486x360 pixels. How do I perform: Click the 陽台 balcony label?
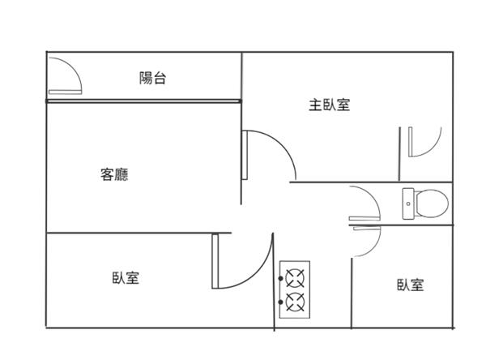pyautogui.click(x=153, y=79)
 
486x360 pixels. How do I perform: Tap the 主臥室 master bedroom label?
pyautogui.click(x=329, y=105)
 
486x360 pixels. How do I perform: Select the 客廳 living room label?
pyautogui.click(x=115, y=174)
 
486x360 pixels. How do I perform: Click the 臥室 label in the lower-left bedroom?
pyautogui.click(x=126, y=278)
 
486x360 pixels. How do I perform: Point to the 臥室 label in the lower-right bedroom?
pyautogui.click(x=410, y=285)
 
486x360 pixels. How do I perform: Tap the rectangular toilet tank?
pyautogui.click(x=408, y=202)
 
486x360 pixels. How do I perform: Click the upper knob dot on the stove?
pyautogui.click(x=283, y=278)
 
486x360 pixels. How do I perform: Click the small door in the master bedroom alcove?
pyautogui.click(x=423, y=142)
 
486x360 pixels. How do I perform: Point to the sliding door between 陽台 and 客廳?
pyautogui.click(x=143, y=101)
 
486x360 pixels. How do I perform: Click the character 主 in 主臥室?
pyautogui.click(x=313, y=105)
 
